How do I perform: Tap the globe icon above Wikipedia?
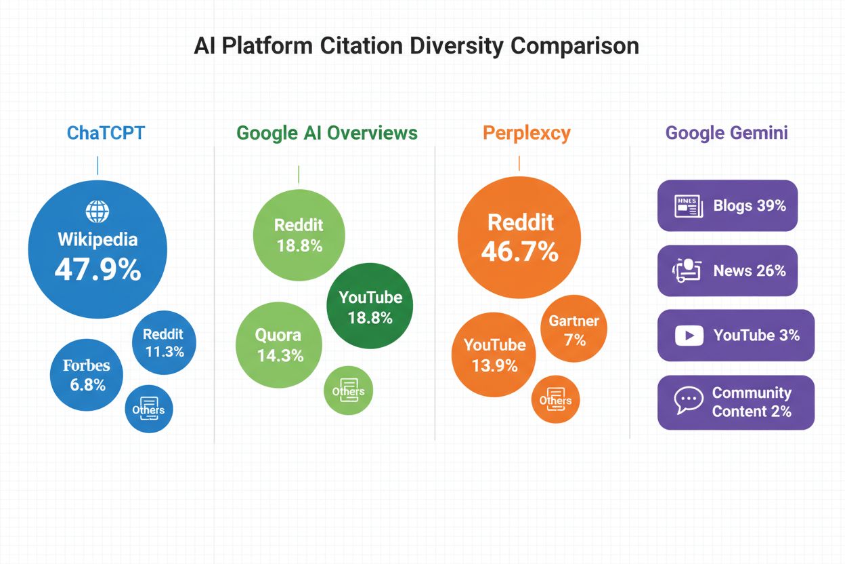(97, 211)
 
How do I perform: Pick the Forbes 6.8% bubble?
(87, 374)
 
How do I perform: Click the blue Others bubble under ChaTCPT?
(149, 409)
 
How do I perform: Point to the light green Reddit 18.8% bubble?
(299, 235)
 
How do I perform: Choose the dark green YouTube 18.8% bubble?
(370, 307)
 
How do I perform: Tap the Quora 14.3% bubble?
(279, 344)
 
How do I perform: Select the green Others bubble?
(349, 390)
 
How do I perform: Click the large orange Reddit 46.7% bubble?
(519, 237)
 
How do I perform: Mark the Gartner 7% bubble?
(574, 329)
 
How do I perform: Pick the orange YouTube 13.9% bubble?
(494, 355)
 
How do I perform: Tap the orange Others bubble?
(555, 400)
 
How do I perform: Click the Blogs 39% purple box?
(727, 205)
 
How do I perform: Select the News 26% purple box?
(727, 270)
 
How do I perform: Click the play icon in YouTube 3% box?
(689, 336)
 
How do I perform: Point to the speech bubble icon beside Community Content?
(689, 401)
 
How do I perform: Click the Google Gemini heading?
(727, 132)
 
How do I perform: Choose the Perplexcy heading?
(526, 132)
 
